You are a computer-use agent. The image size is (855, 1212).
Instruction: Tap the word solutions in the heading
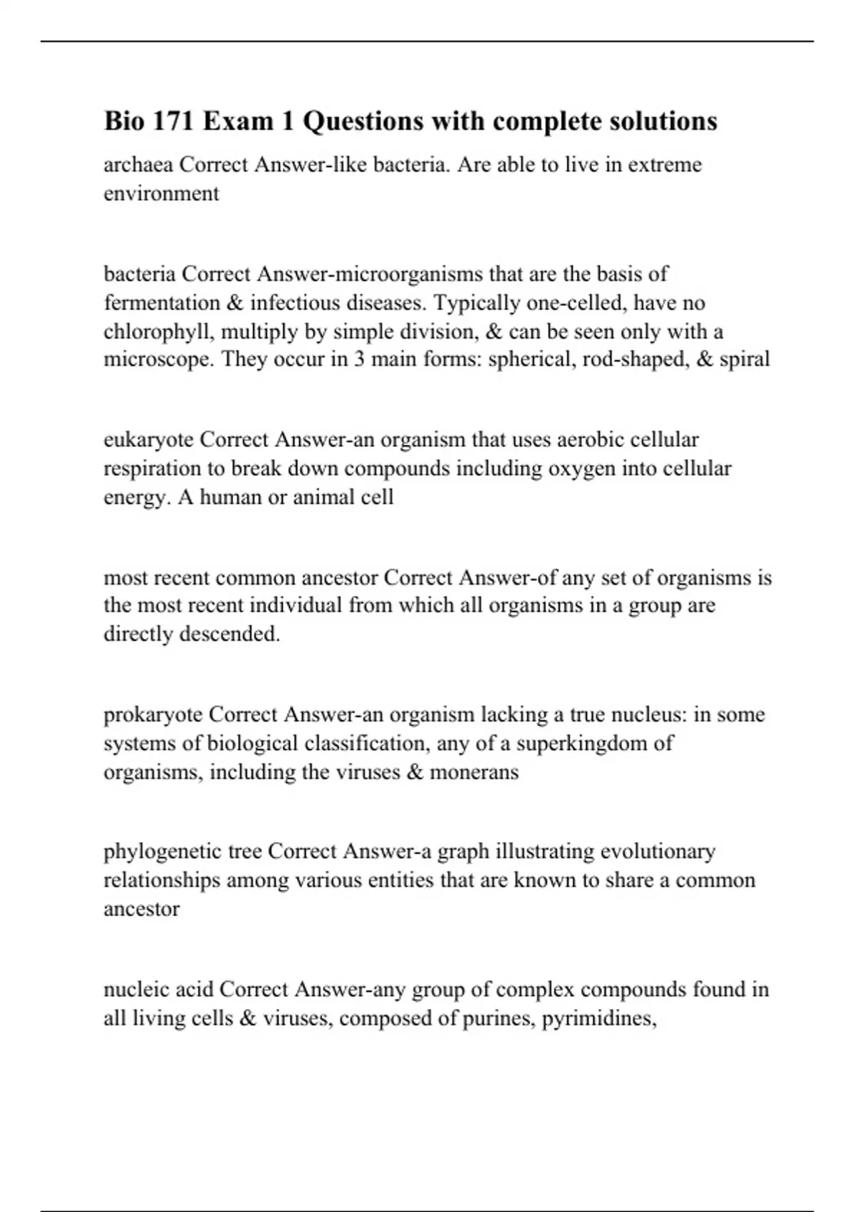coord(663,121)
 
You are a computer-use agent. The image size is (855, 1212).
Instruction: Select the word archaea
coord(138,165)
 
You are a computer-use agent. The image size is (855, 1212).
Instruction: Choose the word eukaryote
coord(148,440)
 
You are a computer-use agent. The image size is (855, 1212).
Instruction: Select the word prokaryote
coord(153,714)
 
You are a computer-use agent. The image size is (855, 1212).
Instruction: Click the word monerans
coord(474,772)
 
